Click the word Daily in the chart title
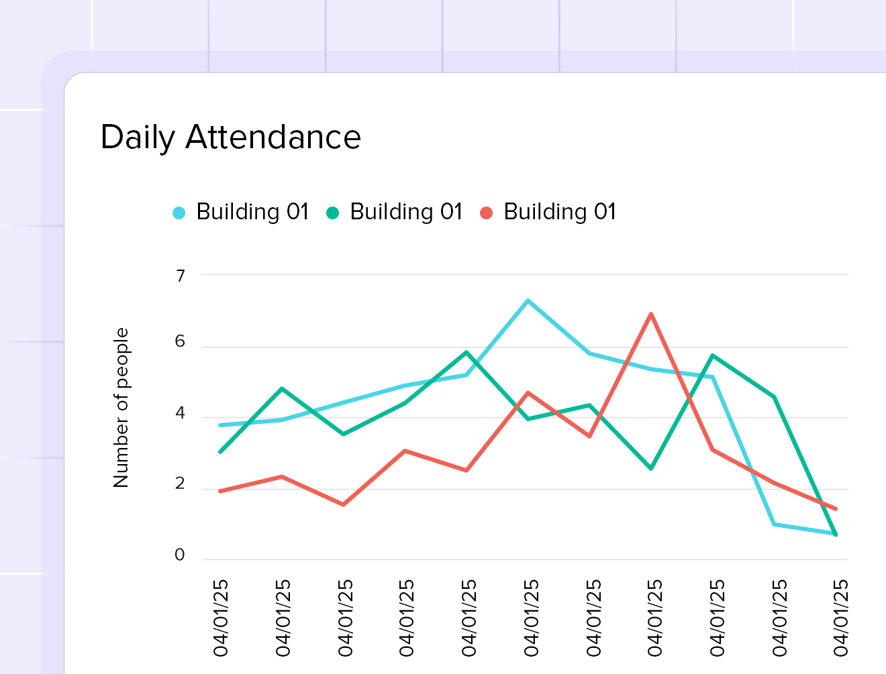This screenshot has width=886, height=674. (138, 138)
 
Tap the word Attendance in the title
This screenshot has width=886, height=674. (273, 137)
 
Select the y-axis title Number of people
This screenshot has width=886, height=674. (121, 408)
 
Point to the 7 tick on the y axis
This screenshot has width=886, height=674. (180, 276)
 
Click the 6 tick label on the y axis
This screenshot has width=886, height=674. (180, 341)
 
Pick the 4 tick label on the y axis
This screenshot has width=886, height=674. (180, 413)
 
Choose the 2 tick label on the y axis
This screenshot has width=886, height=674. (180, 484)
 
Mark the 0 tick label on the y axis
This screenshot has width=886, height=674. (180, 555)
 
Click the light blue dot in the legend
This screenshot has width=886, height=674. (179, 213)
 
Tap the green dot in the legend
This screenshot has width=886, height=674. (332, 213)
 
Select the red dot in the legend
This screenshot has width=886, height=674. (487, 213)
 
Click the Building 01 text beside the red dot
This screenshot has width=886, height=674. (560, 212)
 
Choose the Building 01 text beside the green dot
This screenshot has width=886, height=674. (406, 212)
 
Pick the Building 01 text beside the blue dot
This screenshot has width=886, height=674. (252, 212)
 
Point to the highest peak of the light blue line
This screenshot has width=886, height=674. (528, 300)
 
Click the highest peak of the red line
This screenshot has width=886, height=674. (651, 314)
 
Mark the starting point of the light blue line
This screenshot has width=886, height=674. (221, 425)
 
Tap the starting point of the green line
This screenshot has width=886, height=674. (221, 451)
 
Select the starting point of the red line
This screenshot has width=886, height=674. (221, 491)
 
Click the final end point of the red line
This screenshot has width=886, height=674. (836, 508)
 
